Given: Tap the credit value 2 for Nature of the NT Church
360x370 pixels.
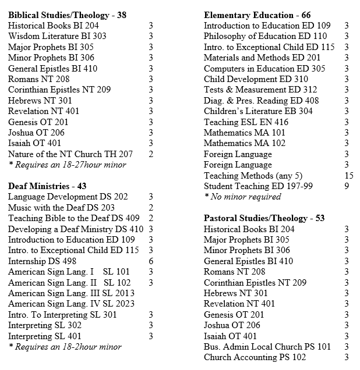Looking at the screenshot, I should pos(151,154).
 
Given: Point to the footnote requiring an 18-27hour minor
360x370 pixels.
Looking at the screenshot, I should pos(67,165).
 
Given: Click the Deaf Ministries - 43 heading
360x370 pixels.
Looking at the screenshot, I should pos(47,186).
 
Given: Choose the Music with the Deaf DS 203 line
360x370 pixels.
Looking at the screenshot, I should pos(61,208).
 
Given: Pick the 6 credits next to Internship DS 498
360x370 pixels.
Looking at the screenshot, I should pos(151,261).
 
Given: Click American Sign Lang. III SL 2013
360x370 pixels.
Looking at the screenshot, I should pos(71,293).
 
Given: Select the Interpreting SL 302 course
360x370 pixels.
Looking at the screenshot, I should pos(45,325).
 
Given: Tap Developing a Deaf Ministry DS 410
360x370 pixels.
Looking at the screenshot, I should pos(76,229).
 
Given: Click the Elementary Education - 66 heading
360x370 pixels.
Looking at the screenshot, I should pos(257,15).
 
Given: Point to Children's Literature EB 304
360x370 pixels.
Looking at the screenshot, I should pos(258,111).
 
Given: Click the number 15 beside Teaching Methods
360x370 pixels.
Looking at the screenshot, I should pos(348,176).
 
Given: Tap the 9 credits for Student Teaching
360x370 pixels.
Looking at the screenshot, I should pos(347,186).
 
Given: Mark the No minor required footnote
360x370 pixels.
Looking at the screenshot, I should pos(235,197).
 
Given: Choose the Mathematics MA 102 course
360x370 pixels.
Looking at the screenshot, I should pos(245,143).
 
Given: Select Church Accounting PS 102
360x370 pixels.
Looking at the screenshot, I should pos(255,357).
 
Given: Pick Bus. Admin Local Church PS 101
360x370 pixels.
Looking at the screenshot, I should pos(267,347).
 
